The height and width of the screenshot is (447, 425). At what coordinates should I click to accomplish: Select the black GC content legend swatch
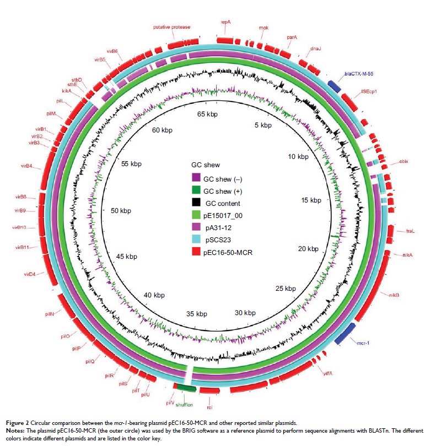coord(196,203)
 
